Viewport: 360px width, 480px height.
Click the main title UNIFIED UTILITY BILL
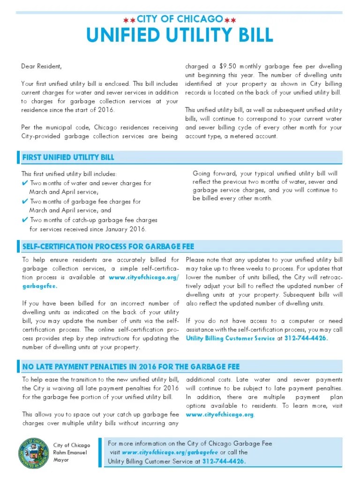pyautogui.click(x=180, y=36)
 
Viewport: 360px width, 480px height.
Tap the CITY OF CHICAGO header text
pyautogui.click(x=180, y=19)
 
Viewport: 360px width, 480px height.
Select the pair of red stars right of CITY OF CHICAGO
pyautogui.click(x=230, y=20)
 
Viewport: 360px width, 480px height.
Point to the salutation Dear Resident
pyautogui.click(x=41, y=66)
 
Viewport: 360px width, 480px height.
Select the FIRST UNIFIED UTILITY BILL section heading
pyautogui.click(x=68, y=157)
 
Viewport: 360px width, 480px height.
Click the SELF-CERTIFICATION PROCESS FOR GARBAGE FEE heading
pyautogui.click(x=108, y=247)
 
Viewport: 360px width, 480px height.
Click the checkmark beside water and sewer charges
pyautogui.click(x=25, y=183)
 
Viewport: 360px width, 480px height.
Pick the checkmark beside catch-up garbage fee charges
pyautogui.click(x=25, y=220)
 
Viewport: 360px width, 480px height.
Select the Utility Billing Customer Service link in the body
pyautogui.click(x=230, y=338)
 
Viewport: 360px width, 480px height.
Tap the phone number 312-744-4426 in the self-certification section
pyautogui.click(x=306, y=338)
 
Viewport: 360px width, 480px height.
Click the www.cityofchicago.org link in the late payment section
pyautogui.click(x=220, y=414)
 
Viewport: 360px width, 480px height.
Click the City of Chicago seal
pyautogui.click(x=33, y=453)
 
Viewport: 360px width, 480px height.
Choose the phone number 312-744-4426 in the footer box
pyautogui.click(x=224, y=461)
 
